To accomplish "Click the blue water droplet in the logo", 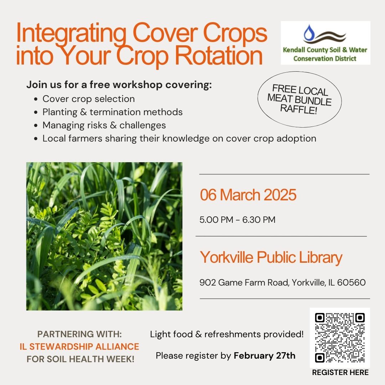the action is (308, 32).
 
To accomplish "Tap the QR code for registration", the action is (340, 338).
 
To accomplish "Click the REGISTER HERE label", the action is (340, 373).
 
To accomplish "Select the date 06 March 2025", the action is (248, 195).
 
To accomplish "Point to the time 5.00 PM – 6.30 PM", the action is (237, 220).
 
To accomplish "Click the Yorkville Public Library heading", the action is (271, 258).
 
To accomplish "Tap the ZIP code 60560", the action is (351, 283).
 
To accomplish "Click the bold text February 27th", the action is (265, 355).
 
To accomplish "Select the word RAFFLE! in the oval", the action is (299, 109).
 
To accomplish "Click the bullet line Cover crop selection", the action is (89, 99).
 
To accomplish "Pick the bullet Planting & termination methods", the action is (112, 112).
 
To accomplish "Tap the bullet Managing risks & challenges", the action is (104, 125).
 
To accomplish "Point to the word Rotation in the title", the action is (219, 56).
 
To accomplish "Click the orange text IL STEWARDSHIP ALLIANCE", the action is (79, 347).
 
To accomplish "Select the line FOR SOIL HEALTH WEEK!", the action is (81, 359).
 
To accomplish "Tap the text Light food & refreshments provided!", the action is (227, 334).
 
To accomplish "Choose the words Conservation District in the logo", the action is (325, 59).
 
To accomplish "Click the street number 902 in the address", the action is (208, 283).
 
